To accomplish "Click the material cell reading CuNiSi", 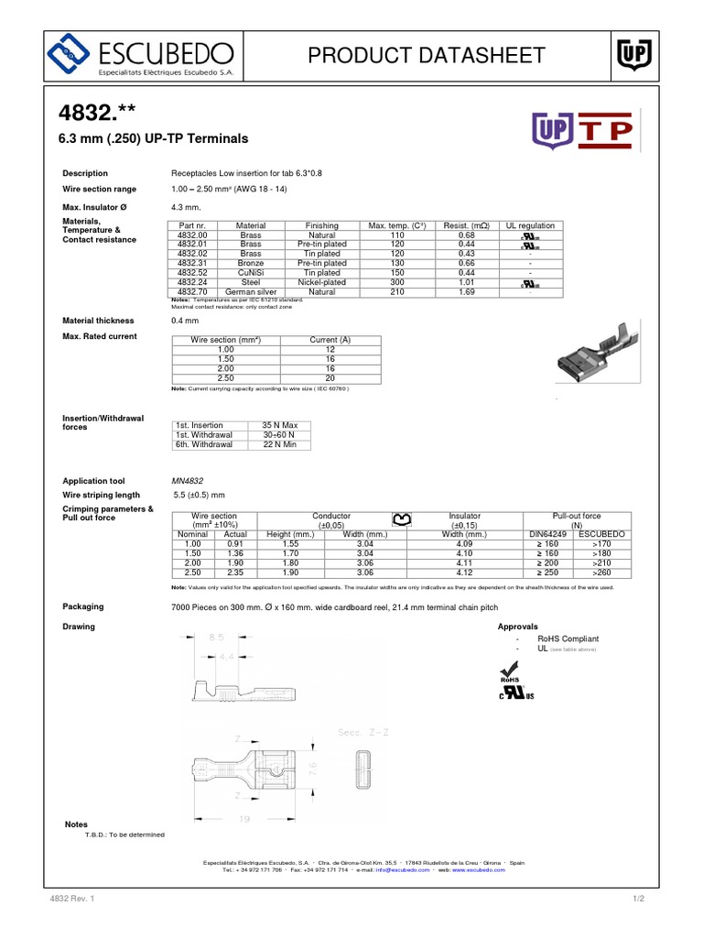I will [251, 272].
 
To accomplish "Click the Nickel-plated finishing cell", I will [322, 282].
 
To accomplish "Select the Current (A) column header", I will [330, 340].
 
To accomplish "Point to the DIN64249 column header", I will [549, 533].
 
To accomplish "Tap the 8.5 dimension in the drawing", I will [216, 636].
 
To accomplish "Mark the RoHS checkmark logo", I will [510, 672].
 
